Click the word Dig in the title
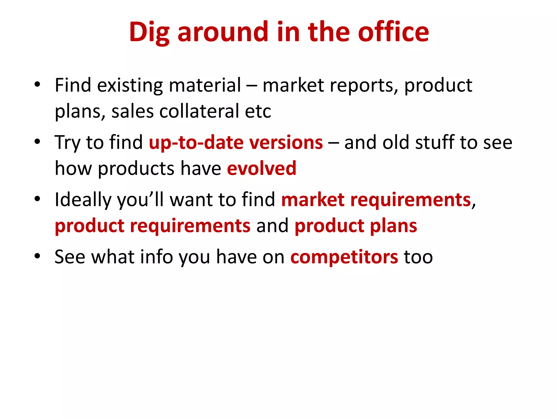149,33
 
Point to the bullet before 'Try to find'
37,142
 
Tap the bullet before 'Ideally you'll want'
37,199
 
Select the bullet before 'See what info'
37,256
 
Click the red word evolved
261,168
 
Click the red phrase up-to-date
196,143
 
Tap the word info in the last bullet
156,257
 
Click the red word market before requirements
313,199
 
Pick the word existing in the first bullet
130,85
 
